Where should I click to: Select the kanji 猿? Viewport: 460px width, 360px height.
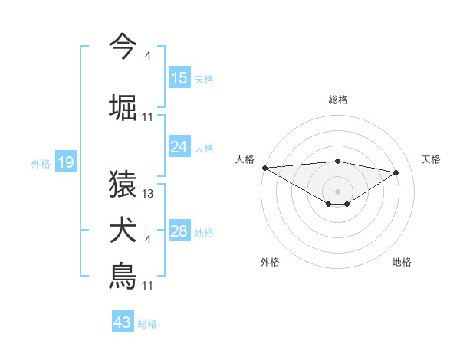[123, 185]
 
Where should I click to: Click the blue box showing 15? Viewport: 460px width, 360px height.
[179, 78]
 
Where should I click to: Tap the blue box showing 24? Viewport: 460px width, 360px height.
[179, 147]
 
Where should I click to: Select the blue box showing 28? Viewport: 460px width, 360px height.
[179, 231]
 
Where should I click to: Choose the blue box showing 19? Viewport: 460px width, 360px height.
[66, 162]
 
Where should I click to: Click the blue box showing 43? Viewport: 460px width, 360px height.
[123, 322]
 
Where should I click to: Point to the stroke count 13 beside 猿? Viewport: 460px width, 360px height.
[148, 194]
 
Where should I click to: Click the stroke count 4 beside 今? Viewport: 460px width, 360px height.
[148, 56]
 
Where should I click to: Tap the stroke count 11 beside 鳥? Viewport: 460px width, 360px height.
[148, 285]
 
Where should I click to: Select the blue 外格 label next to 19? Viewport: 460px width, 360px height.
[41, 163]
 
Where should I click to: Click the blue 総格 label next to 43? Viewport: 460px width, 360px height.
[147, 324]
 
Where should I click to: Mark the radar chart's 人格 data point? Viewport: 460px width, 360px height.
[264, 168]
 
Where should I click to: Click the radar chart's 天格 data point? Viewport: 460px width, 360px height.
[396, 172]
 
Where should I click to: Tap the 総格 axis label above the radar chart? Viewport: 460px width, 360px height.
[338, 100]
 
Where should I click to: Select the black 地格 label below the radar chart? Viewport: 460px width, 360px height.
[402, 262]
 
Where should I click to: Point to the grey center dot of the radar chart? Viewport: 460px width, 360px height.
[337, 191]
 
